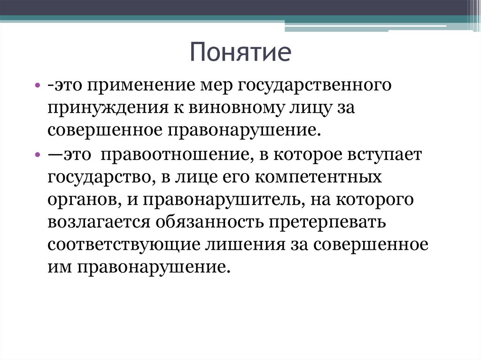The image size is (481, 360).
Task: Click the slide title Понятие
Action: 240,53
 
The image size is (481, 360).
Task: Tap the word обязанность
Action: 210,222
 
